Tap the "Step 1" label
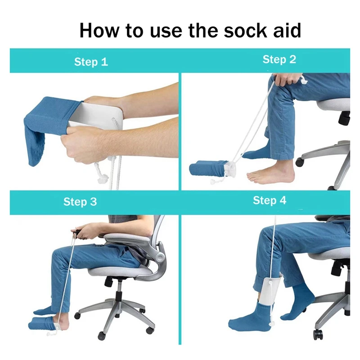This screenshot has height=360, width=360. coord(91,62)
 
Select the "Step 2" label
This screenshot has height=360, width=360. coord(279,59)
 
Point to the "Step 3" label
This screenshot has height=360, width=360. coord(80,202)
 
